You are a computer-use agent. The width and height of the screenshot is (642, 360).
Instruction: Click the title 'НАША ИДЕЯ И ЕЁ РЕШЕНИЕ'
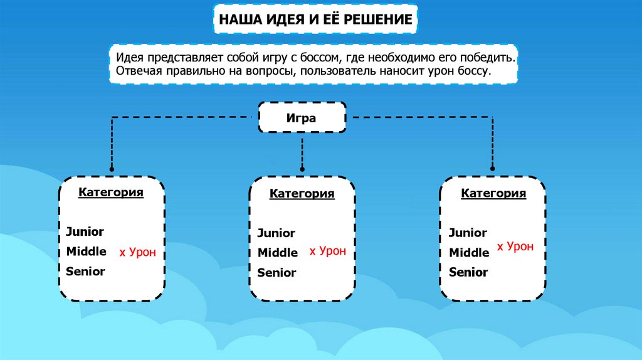(x=315, y=20)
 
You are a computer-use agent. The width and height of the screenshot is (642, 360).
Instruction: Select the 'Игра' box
(x=302, y=117)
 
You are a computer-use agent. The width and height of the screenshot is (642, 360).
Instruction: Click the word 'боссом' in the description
(x=319, y=58)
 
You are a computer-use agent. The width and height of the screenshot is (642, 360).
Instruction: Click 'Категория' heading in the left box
(x=111, y=193)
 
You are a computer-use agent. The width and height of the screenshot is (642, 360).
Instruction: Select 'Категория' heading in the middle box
(x=302, y=194)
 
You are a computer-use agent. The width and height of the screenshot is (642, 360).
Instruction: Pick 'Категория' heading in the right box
(x=493, y=194)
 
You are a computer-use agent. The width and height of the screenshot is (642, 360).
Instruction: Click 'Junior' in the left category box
(x=85, y=232)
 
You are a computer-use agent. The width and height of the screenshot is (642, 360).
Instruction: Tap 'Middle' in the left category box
(x=87, y=251)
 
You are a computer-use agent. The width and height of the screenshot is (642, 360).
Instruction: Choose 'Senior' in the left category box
(x=85, y=272)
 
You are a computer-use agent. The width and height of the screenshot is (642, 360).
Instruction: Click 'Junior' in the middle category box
(x=276, y=233)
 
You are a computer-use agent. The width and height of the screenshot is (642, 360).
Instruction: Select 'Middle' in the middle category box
(x=278, y=253)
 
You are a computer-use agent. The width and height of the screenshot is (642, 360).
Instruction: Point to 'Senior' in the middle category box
(x=276, y=273)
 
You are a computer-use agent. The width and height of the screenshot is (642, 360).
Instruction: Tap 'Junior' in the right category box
(x=468, y=233)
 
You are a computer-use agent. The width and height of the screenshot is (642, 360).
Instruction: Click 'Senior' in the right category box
(x=468, y=273)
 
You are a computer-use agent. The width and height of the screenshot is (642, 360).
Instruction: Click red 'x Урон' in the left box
(x=137, y=253)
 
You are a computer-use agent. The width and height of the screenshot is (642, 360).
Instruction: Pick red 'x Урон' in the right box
(x=515, y=247)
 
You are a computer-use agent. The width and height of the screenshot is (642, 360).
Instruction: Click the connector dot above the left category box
(x=112, y=169)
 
